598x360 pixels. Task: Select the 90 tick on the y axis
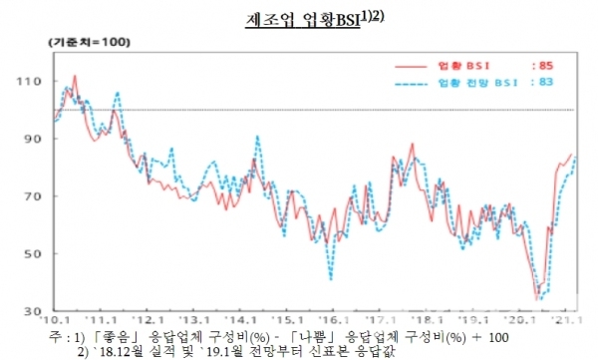tap(38, 138)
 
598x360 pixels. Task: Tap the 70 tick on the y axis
tap(38, 195)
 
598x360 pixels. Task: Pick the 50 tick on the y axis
tap(38, 253)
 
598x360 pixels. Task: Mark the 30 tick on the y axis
tap(38, 310)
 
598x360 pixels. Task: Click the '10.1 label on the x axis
tap(53, 322)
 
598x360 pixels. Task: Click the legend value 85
tap(546, 65)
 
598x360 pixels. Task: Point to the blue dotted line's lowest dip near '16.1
tap(331, 278)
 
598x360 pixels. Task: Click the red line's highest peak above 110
tap(76, 75)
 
